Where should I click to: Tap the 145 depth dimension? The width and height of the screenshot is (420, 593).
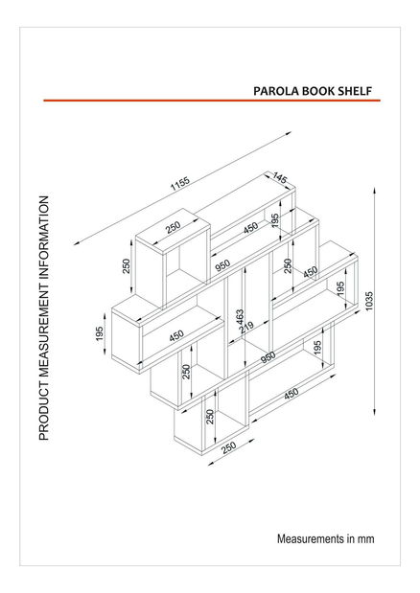(280, 178)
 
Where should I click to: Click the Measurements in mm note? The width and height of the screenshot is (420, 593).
(325, 538)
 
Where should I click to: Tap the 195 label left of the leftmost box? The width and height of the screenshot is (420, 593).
(99, 332)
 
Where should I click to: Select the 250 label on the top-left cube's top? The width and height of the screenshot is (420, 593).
(173, 227)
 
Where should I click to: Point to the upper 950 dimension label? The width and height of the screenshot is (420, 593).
(223, 263)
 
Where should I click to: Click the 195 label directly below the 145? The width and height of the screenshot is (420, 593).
(275, 219)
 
